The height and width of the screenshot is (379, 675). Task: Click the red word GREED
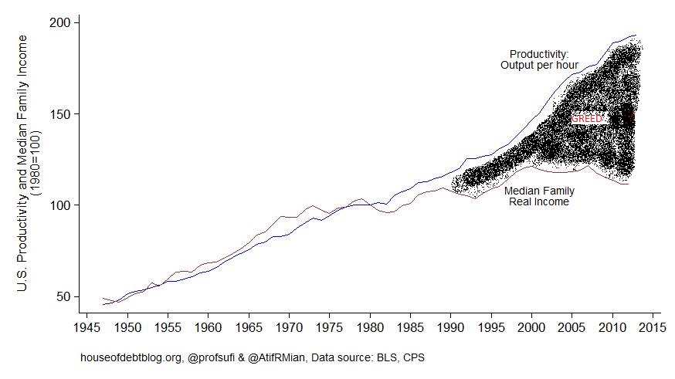(587, 118)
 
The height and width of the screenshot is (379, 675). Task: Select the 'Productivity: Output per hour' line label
(539, 59)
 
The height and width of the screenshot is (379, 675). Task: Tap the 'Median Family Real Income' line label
(538, 196)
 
